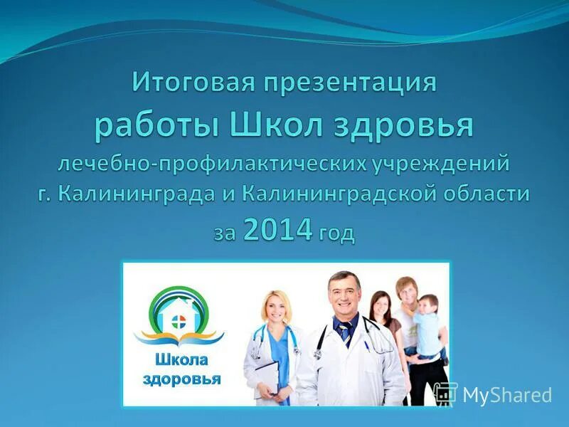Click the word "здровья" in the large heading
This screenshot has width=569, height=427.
point(403,127)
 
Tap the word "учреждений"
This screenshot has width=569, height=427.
point(440,164)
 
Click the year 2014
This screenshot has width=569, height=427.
point(277,231)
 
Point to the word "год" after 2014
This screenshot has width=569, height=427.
point(336,233)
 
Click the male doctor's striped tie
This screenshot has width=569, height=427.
point(345,332)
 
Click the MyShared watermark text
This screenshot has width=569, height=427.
point(507,395)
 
